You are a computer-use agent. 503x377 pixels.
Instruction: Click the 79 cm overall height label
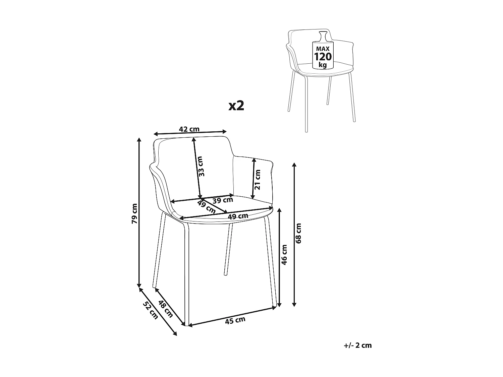(x=134, y=213)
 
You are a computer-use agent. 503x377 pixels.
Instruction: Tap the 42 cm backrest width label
(x=189, y=129)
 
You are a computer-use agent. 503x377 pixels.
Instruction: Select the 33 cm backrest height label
(x=201, y=167)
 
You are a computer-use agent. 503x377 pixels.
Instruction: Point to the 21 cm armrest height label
(x=258, y=180)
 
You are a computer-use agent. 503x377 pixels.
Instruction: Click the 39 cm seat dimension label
(x=223, y=200)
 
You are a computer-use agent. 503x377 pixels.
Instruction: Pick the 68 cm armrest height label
(x=299, y=233)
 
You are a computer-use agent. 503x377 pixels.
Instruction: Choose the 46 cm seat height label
(x=284, y=255)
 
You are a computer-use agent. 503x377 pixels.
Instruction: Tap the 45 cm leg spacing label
(x=235, y=320)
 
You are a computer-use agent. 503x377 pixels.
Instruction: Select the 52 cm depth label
(x=151, y=310)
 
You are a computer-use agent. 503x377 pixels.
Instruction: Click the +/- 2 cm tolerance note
(x=358, y=345)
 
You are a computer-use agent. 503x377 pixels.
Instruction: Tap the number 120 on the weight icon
(x=323, y=57)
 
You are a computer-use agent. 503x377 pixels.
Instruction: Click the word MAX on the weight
(x=323, y=49)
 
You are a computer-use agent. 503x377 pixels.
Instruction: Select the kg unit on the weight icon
(x=323, y=64)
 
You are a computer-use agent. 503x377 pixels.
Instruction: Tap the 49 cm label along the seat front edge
(x=238, y=216)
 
